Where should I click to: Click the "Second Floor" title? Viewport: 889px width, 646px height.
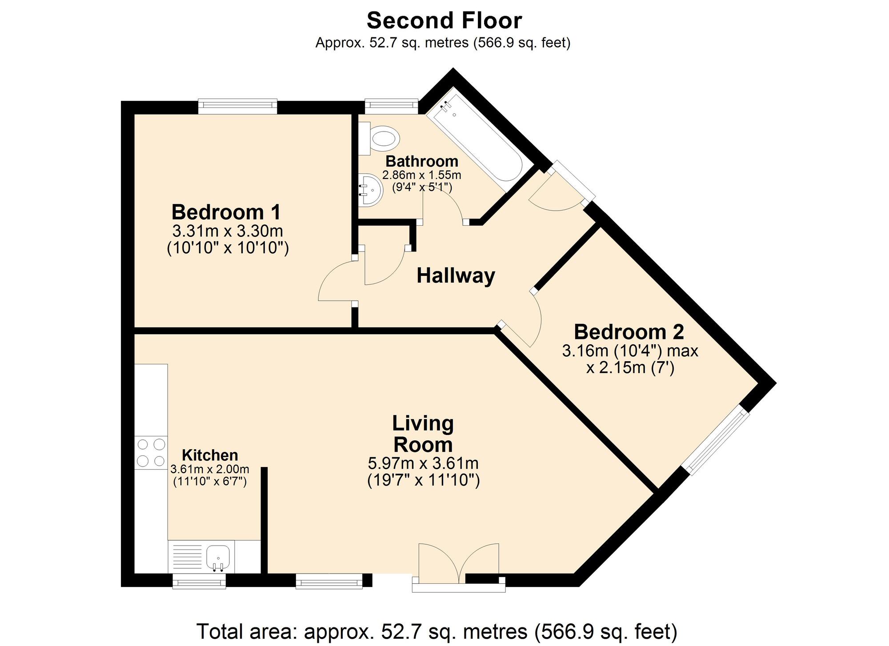(444, 20)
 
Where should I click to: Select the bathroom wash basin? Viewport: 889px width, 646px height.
(370, 190)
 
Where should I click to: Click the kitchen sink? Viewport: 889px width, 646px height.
(218, 557)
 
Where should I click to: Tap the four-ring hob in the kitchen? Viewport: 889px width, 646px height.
(151, 452)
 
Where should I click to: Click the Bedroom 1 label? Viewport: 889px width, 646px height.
(226, 212)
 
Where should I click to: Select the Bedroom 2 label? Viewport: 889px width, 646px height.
(629, 332)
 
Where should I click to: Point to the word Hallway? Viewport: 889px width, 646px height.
(456, 276)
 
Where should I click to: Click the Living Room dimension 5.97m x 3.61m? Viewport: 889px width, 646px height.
(423, 463)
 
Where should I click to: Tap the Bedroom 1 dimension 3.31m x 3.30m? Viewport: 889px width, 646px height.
(228, 231)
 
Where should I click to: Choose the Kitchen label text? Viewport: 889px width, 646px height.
(210, 455)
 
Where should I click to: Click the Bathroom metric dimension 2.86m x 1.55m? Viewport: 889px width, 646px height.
(421, 175)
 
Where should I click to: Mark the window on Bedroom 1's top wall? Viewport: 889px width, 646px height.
(237, 105)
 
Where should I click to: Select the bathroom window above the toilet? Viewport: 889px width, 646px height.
(392, 105)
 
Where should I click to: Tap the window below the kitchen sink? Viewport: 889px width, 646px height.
(199, 581)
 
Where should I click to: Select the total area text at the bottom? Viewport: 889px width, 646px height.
(437, 631)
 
